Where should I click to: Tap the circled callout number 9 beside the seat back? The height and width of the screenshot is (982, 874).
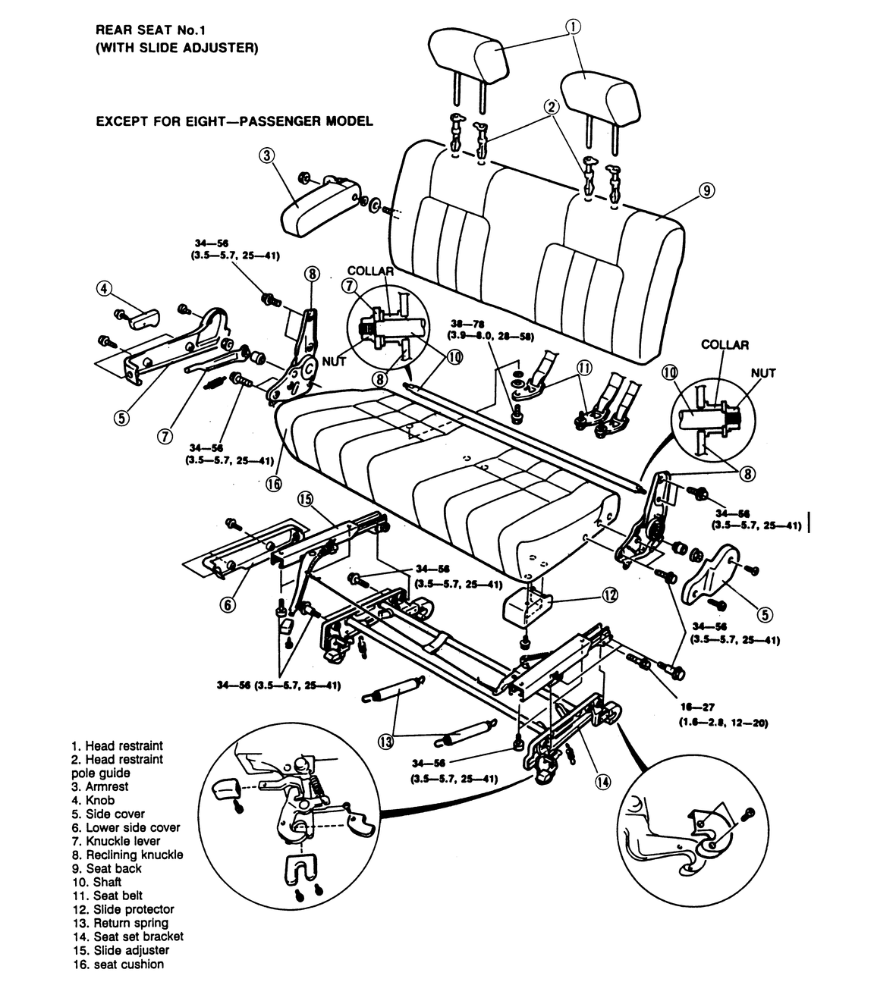(x=706, y=190)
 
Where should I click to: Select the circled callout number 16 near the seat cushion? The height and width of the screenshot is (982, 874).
(x=273, y=484)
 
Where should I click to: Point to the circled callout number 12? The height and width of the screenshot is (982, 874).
(x=610, y=595)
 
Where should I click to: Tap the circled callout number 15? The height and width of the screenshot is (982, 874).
(x=305, y=498)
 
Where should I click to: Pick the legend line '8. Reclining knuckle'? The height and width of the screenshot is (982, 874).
(x=127, y=855)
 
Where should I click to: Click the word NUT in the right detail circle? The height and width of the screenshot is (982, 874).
(x=763, y=373)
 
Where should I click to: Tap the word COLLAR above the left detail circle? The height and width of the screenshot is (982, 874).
(x=370, y=271)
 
